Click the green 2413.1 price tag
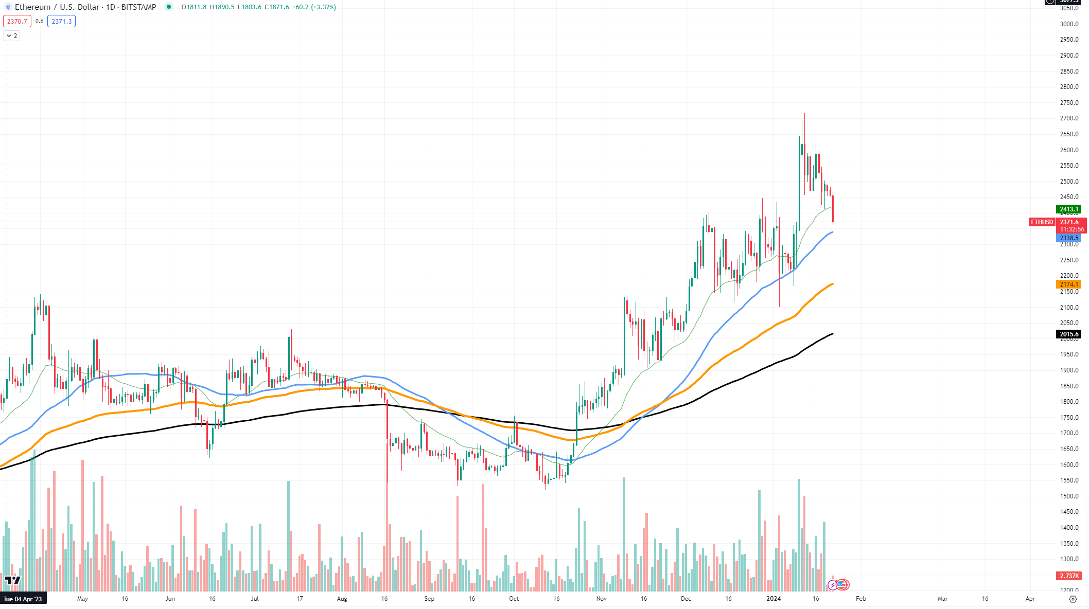click(x=1068, y=209)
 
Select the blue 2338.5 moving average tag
click(x=1068, y=238)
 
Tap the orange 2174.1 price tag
click(x=1068, y=284)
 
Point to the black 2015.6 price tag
click(x=1068, y=334)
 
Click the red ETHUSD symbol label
click(x=1041, y=222)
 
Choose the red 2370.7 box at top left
click(x=17, y=22)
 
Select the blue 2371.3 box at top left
click(x=61, y=22)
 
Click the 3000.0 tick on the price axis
click(x=1069, y=24)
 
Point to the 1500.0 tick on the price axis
click(x=1069, y=496)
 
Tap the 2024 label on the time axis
click(x=773, y=599)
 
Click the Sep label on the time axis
click(x=429, y=599)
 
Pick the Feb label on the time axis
click(x=861, y=599)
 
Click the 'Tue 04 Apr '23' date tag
click(x=23, y=599)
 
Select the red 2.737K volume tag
click(x=1069, y=576)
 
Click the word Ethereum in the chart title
click(x=32, y=7)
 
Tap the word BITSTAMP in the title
click(x=138, y=7)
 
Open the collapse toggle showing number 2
click(x=12, y=36)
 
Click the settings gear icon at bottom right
click(x=1073, y=599)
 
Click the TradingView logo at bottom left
click(x=12, y=580)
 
